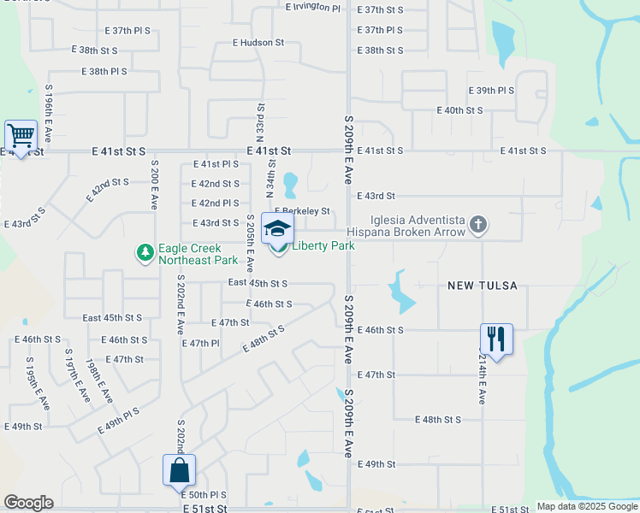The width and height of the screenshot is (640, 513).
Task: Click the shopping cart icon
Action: point(21,136)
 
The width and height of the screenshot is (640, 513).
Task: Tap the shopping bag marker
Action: point(179,470)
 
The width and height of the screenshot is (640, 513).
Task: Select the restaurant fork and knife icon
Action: point(496,339)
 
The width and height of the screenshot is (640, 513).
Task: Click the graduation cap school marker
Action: point(278,229)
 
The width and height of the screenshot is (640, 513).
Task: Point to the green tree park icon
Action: point(145,252)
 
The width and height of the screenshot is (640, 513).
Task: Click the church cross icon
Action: point(478,226)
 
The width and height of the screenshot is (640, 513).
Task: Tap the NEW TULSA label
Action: point(483,286)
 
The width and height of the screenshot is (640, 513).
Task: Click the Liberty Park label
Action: point(323,246)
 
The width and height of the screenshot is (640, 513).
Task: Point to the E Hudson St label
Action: point(258,42)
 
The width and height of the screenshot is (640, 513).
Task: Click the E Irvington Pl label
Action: point(312,7)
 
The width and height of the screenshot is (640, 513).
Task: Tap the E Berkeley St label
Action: point(302,211)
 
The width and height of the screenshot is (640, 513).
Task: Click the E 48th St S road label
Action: point(437,420)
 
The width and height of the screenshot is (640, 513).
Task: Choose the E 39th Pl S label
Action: point(491,91)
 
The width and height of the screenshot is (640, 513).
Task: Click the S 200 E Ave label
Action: point(155,185)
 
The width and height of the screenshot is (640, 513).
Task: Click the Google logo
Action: point(28,503)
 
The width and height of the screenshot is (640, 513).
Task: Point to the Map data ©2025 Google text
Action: point(587,506)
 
